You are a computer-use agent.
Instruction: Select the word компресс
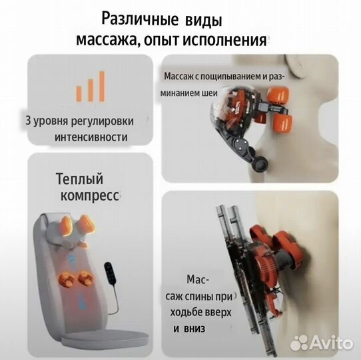[x=88, y=198]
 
